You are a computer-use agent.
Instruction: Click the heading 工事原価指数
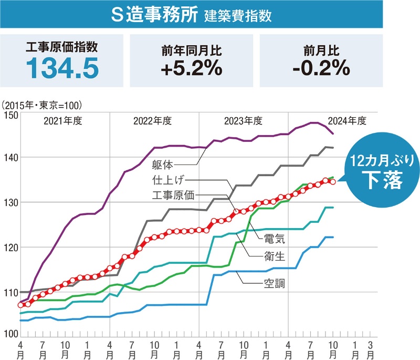(x=62, y=48)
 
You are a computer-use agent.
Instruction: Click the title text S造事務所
(x=156, y=15)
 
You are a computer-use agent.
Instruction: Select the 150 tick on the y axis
(x=10, y=115)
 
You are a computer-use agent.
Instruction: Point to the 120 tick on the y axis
(x=10, y=247)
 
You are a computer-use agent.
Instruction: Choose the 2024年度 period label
(x=346, y=121)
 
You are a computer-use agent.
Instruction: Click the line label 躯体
(x=163, y=164)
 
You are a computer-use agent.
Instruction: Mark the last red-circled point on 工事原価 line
(x=332, y=182)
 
